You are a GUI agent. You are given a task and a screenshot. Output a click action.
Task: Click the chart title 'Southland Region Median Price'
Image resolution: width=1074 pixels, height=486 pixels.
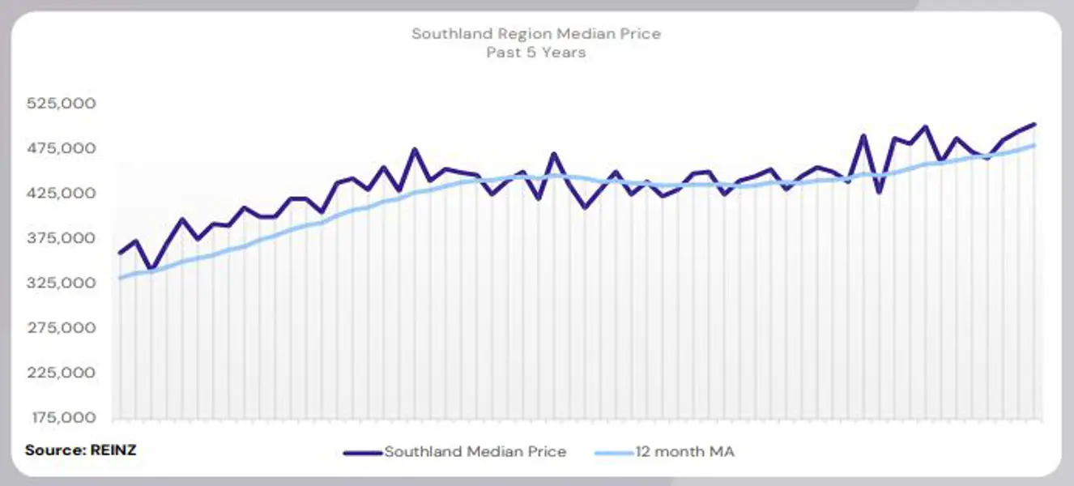(536, 34)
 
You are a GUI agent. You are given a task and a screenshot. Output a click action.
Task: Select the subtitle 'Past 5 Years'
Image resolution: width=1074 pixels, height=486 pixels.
(536, 53)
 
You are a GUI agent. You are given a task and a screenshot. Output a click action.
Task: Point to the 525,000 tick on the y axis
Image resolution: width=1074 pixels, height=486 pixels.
(62, 104)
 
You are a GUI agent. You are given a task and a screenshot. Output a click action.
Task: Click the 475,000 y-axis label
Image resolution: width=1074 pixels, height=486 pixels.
(62, 148)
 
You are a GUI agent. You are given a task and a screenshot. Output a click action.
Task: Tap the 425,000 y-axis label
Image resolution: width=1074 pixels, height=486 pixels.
(62, 194)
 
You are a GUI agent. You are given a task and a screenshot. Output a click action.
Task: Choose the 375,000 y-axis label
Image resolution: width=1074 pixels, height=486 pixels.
(62, 238)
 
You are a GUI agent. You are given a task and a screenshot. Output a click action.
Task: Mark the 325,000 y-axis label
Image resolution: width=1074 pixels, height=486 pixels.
(62, 283)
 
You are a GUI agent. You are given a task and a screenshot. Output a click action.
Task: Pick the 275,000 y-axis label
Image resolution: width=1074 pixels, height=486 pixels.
(62, 328)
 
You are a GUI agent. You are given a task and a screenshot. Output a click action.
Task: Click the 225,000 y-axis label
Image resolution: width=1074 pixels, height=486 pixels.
(62, 373)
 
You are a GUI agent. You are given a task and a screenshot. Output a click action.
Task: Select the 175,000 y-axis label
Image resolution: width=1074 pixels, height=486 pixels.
(62, 418)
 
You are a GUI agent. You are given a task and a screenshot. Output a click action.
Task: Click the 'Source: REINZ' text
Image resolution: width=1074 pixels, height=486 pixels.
(81, 450)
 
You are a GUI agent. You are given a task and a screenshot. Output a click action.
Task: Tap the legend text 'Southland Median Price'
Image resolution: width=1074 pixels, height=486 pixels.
(475, 452)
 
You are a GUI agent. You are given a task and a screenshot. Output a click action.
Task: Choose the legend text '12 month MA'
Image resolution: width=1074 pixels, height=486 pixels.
(684, 452)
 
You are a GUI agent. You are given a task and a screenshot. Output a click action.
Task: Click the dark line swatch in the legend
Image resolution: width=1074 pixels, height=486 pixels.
(362, 452)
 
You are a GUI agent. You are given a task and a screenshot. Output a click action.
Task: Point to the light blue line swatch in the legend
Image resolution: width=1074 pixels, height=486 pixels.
(613, 452)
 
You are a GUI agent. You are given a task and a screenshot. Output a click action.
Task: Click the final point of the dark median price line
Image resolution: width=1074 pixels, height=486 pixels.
(1034, 124)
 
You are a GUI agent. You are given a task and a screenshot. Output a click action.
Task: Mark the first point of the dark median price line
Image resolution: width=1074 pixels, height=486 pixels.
(120, 254)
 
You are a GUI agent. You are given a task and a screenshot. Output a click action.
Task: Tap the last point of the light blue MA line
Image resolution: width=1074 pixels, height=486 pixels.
(1034, 145)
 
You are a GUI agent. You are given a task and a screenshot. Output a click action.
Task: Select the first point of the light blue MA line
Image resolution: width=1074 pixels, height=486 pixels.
(120, 278)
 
